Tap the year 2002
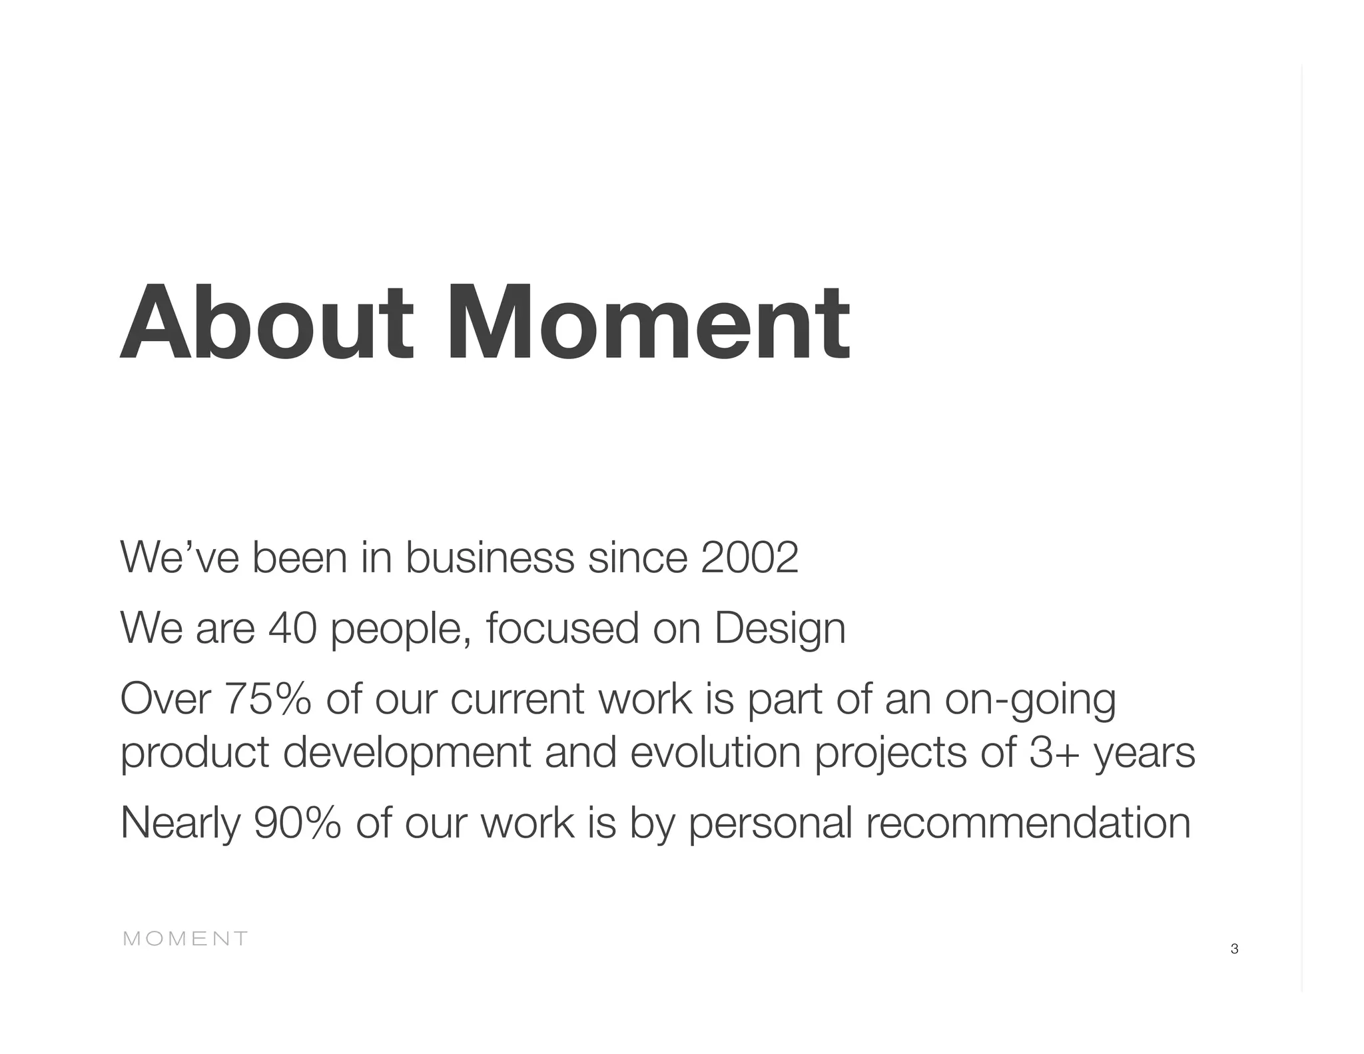tap(749, 558)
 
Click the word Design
tap(779, 629)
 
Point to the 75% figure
tap(268, 700)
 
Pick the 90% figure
tap(298, 823)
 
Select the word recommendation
tap(1028, 823)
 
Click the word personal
tap(770, 824)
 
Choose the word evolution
tap(715, 753)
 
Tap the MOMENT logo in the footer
tap(186, 939)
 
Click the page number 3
tap(1234, 949)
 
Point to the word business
tap(490, 558)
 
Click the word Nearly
tap(180, 824)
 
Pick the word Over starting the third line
tap(165, 700)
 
